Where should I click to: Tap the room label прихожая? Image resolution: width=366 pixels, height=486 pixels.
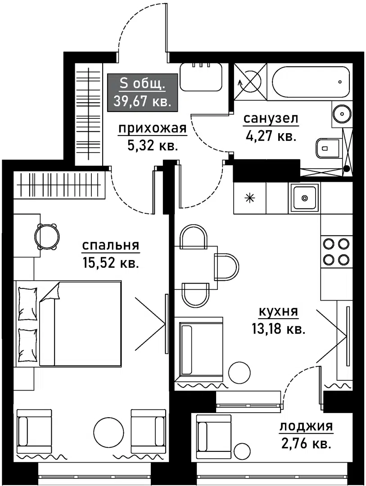pos(152,129)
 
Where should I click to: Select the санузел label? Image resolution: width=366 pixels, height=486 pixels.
pos(271,119)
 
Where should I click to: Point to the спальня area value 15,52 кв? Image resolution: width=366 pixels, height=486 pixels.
pos(110,262)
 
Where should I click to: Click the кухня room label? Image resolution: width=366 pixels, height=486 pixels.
pos(279,312)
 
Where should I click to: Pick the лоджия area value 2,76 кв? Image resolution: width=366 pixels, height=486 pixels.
pos(306,444)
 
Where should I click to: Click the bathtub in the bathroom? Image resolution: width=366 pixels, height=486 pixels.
pos(311,82)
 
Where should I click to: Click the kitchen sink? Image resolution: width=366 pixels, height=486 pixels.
pos(305,198)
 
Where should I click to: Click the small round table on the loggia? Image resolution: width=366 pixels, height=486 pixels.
pos(242,450)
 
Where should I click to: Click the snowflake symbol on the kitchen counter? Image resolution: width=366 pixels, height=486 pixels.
pos(249,198)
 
